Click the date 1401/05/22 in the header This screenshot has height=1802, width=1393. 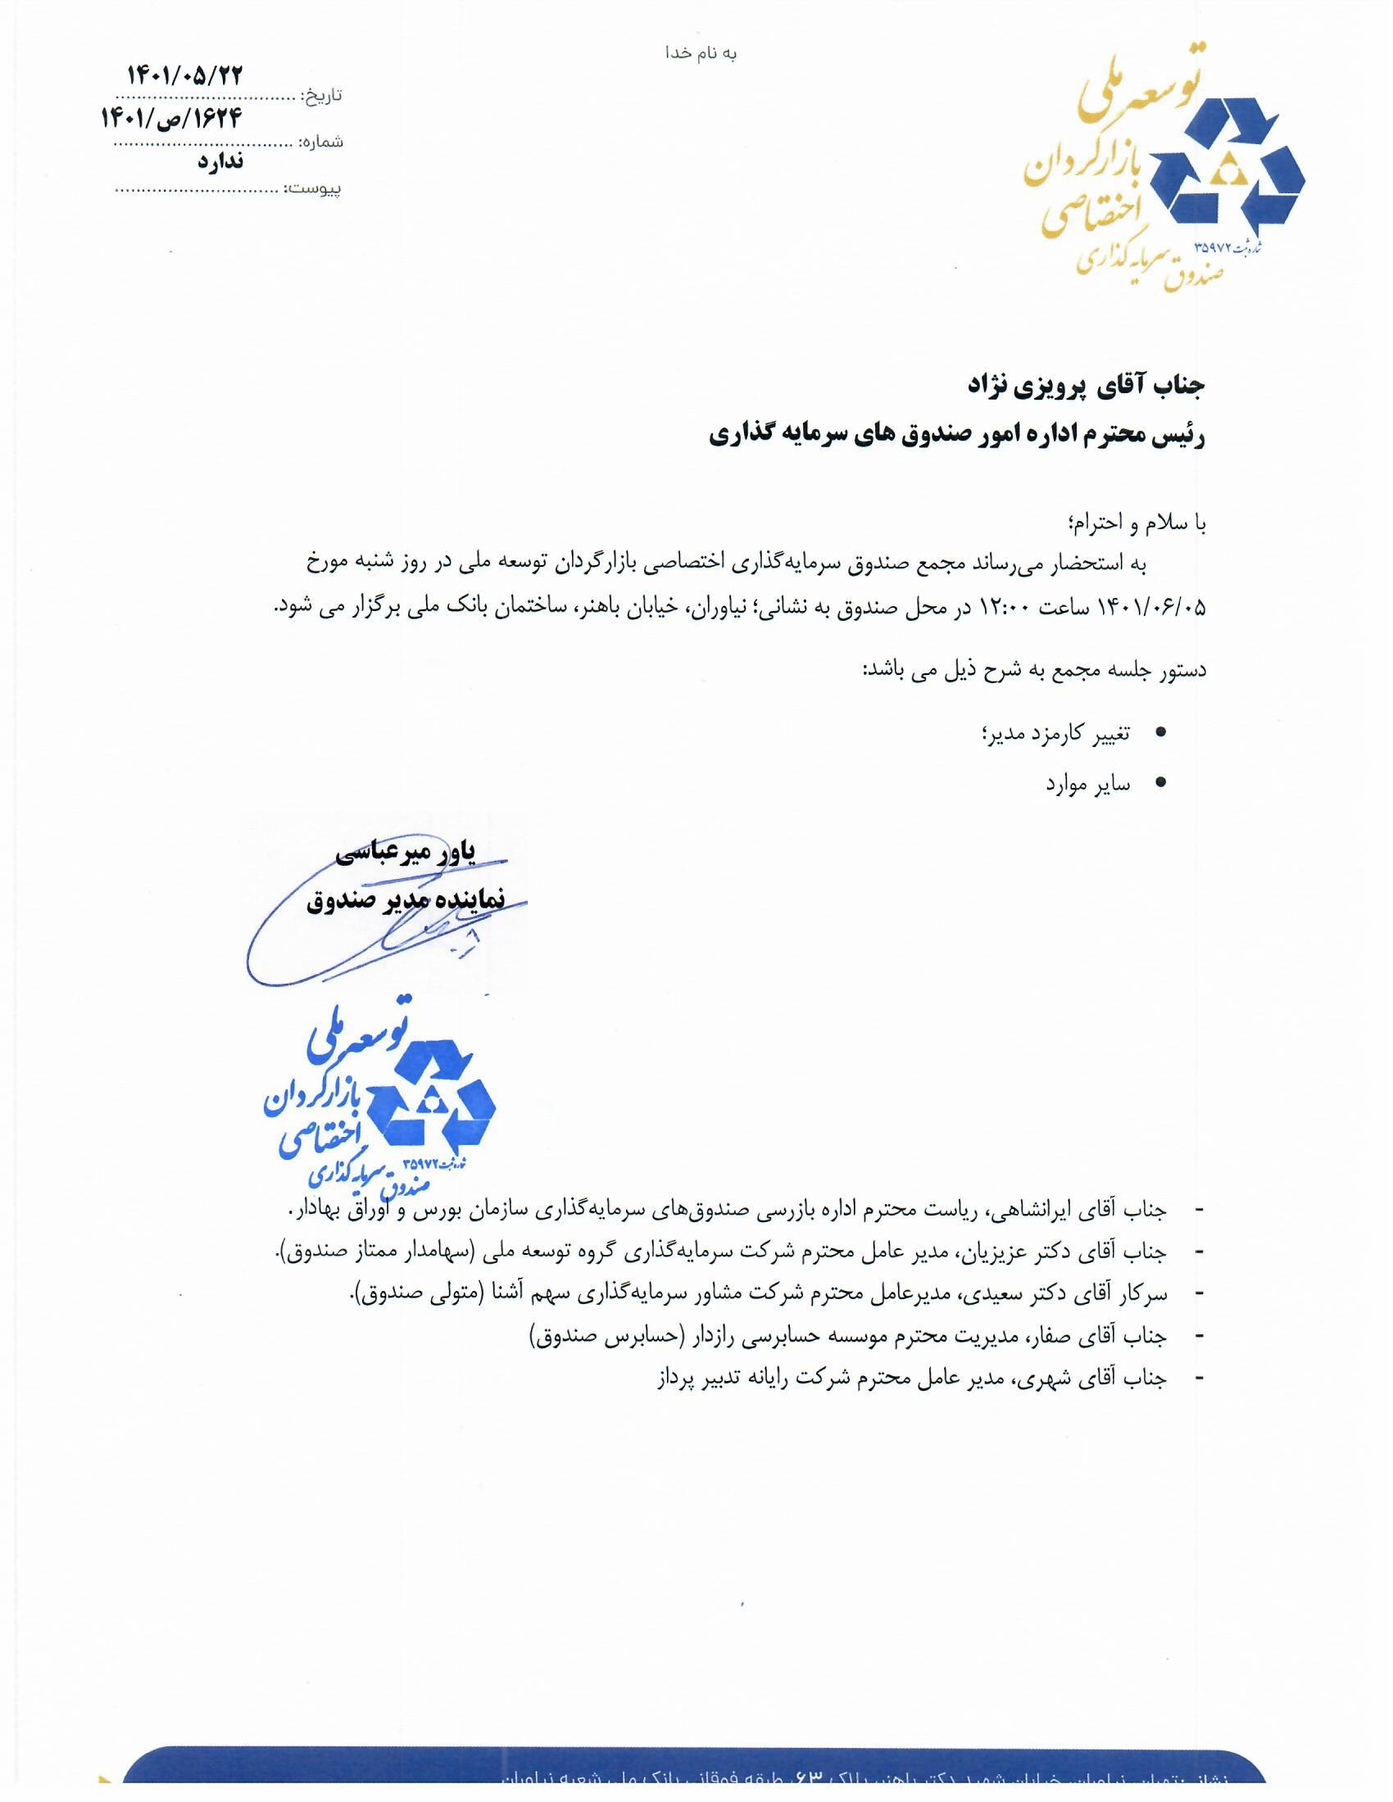(186, 75)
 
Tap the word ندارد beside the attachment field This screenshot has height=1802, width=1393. (220, 161)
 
